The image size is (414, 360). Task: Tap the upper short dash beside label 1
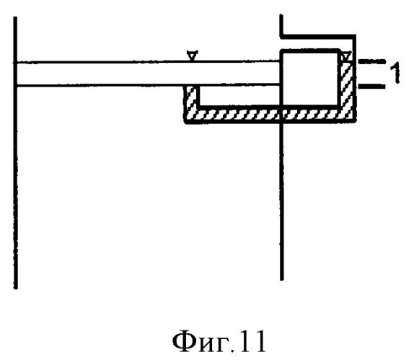[x=371, y=61]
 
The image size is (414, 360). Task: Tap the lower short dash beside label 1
[x=371, y=86]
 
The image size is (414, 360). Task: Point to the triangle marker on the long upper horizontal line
[x=191, y=56]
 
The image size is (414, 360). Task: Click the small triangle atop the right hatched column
[x=346, y=56]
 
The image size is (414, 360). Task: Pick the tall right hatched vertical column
[x=346, y=83]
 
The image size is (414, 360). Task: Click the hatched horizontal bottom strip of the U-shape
[x=270, y=114]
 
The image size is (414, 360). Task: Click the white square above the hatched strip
[x=310, y=79]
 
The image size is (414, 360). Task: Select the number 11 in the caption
[x=252, y=341]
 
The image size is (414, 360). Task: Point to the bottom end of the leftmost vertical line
[x=16, y=289]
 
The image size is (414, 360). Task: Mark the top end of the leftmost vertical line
[x=16, y=17]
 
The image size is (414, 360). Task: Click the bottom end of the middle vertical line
[x=282, y=279]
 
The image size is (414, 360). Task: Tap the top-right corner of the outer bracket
[x=355, y=35]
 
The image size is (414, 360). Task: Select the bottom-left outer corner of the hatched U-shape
[x=185, y=122]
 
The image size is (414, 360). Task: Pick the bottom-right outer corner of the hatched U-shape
[x=355, y=122]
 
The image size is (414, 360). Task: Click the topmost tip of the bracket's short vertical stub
[x=281, y=15]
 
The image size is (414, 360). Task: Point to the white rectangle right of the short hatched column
[x=239, y=95]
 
